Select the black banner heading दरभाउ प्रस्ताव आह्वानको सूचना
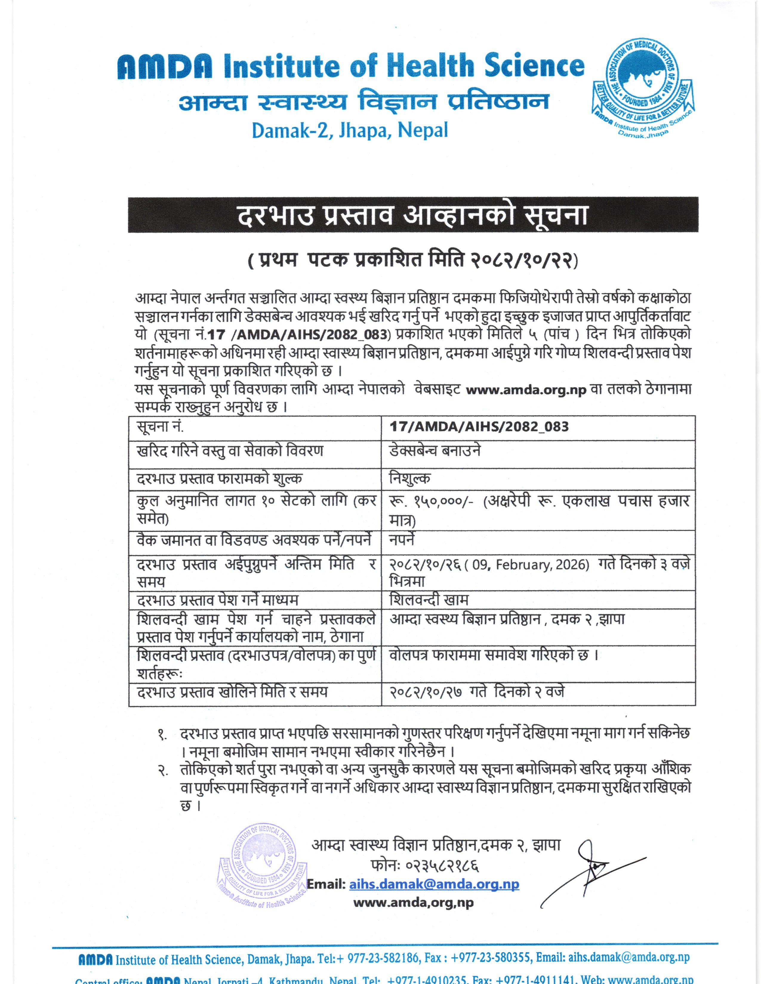(x=413, y=215)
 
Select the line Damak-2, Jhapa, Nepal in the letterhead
(x=350, y=130)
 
